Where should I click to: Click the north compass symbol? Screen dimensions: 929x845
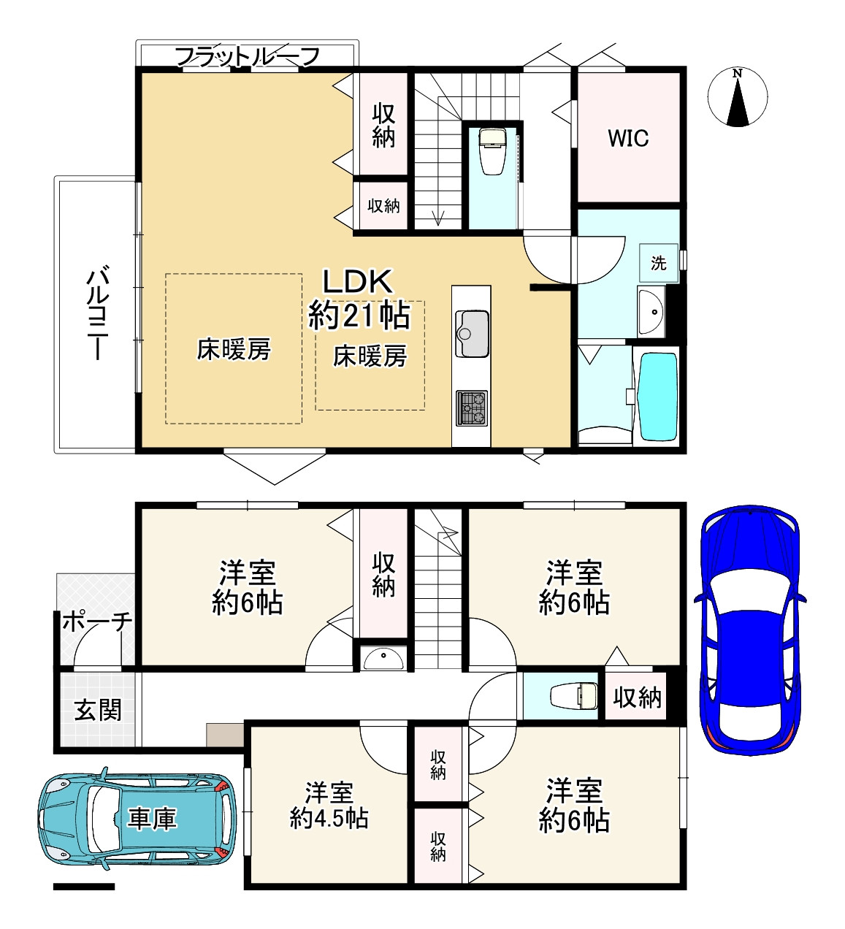pos(738,97)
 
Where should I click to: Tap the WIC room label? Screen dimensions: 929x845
pos(628,138)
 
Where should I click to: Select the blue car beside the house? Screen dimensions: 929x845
pos(748,629)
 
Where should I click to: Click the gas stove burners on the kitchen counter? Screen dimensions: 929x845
pos(471,408)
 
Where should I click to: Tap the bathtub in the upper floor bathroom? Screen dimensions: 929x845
pos(657,396)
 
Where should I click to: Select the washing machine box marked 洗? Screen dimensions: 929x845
pos(659,263)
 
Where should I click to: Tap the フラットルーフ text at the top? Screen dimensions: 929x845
pos(248,56)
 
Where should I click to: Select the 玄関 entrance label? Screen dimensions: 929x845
pos(98,709)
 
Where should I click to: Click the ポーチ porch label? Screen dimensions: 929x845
pos(96,622)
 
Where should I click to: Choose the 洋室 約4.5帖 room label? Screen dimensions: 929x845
pos(329,805)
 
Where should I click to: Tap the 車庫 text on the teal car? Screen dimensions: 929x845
pos(152,818)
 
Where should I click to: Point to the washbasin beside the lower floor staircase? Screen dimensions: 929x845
pos(384,659)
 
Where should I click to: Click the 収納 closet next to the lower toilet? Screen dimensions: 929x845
pos(637,698)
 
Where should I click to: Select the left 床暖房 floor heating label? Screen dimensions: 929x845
pos(234,349)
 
